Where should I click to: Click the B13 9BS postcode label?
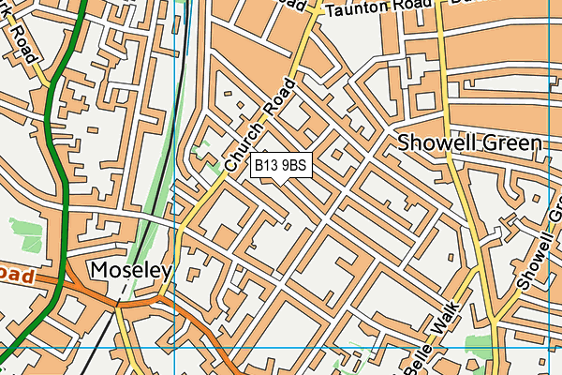pos(280,166)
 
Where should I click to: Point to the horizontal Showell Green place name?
pos(469,143)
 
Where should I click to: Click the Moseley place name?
pos(131,272)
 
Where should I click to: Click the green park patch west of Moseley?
pos(26,233)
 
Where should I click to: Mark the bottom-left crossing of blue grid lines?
pos(175,347)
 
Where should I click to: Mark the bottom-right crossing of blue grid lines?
pos(549,347)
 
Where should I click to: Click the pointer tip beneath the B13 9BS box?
pos(280,181)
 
